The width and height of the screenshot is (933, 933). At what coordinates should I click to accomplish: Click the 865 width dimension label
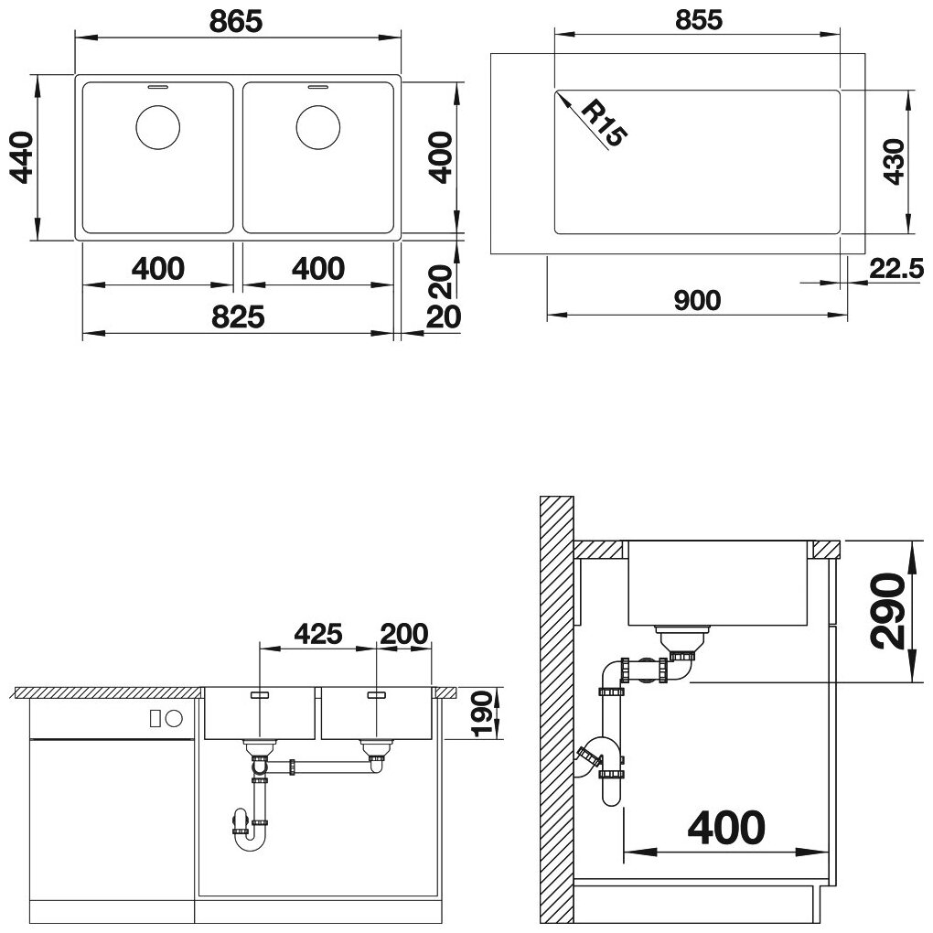click(236, 21)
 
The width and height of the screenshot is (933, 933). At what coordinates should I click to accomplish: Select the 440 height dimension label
click(22, 157)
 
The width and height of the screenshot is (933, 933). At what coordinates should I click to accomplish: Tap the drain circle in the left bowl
click(157, 127)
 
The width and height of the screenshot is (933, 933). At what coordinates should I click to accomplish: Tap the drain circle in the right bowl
click(318, 127)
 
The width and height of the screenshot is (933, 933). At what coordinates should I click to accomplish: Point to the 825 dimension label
click(238, 316)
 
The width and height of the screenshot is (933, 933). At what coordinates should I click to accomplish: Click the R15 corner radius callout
click(604, 123)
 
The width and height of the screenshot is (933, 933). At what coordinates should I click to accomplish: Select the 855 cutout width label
click(699, 19)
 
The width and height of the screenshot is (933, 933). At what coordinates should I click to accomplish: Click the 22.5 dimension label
click(896, 269)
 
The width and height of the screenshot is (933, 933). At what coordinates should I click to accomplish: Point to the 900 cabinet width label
click(697, 300)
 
